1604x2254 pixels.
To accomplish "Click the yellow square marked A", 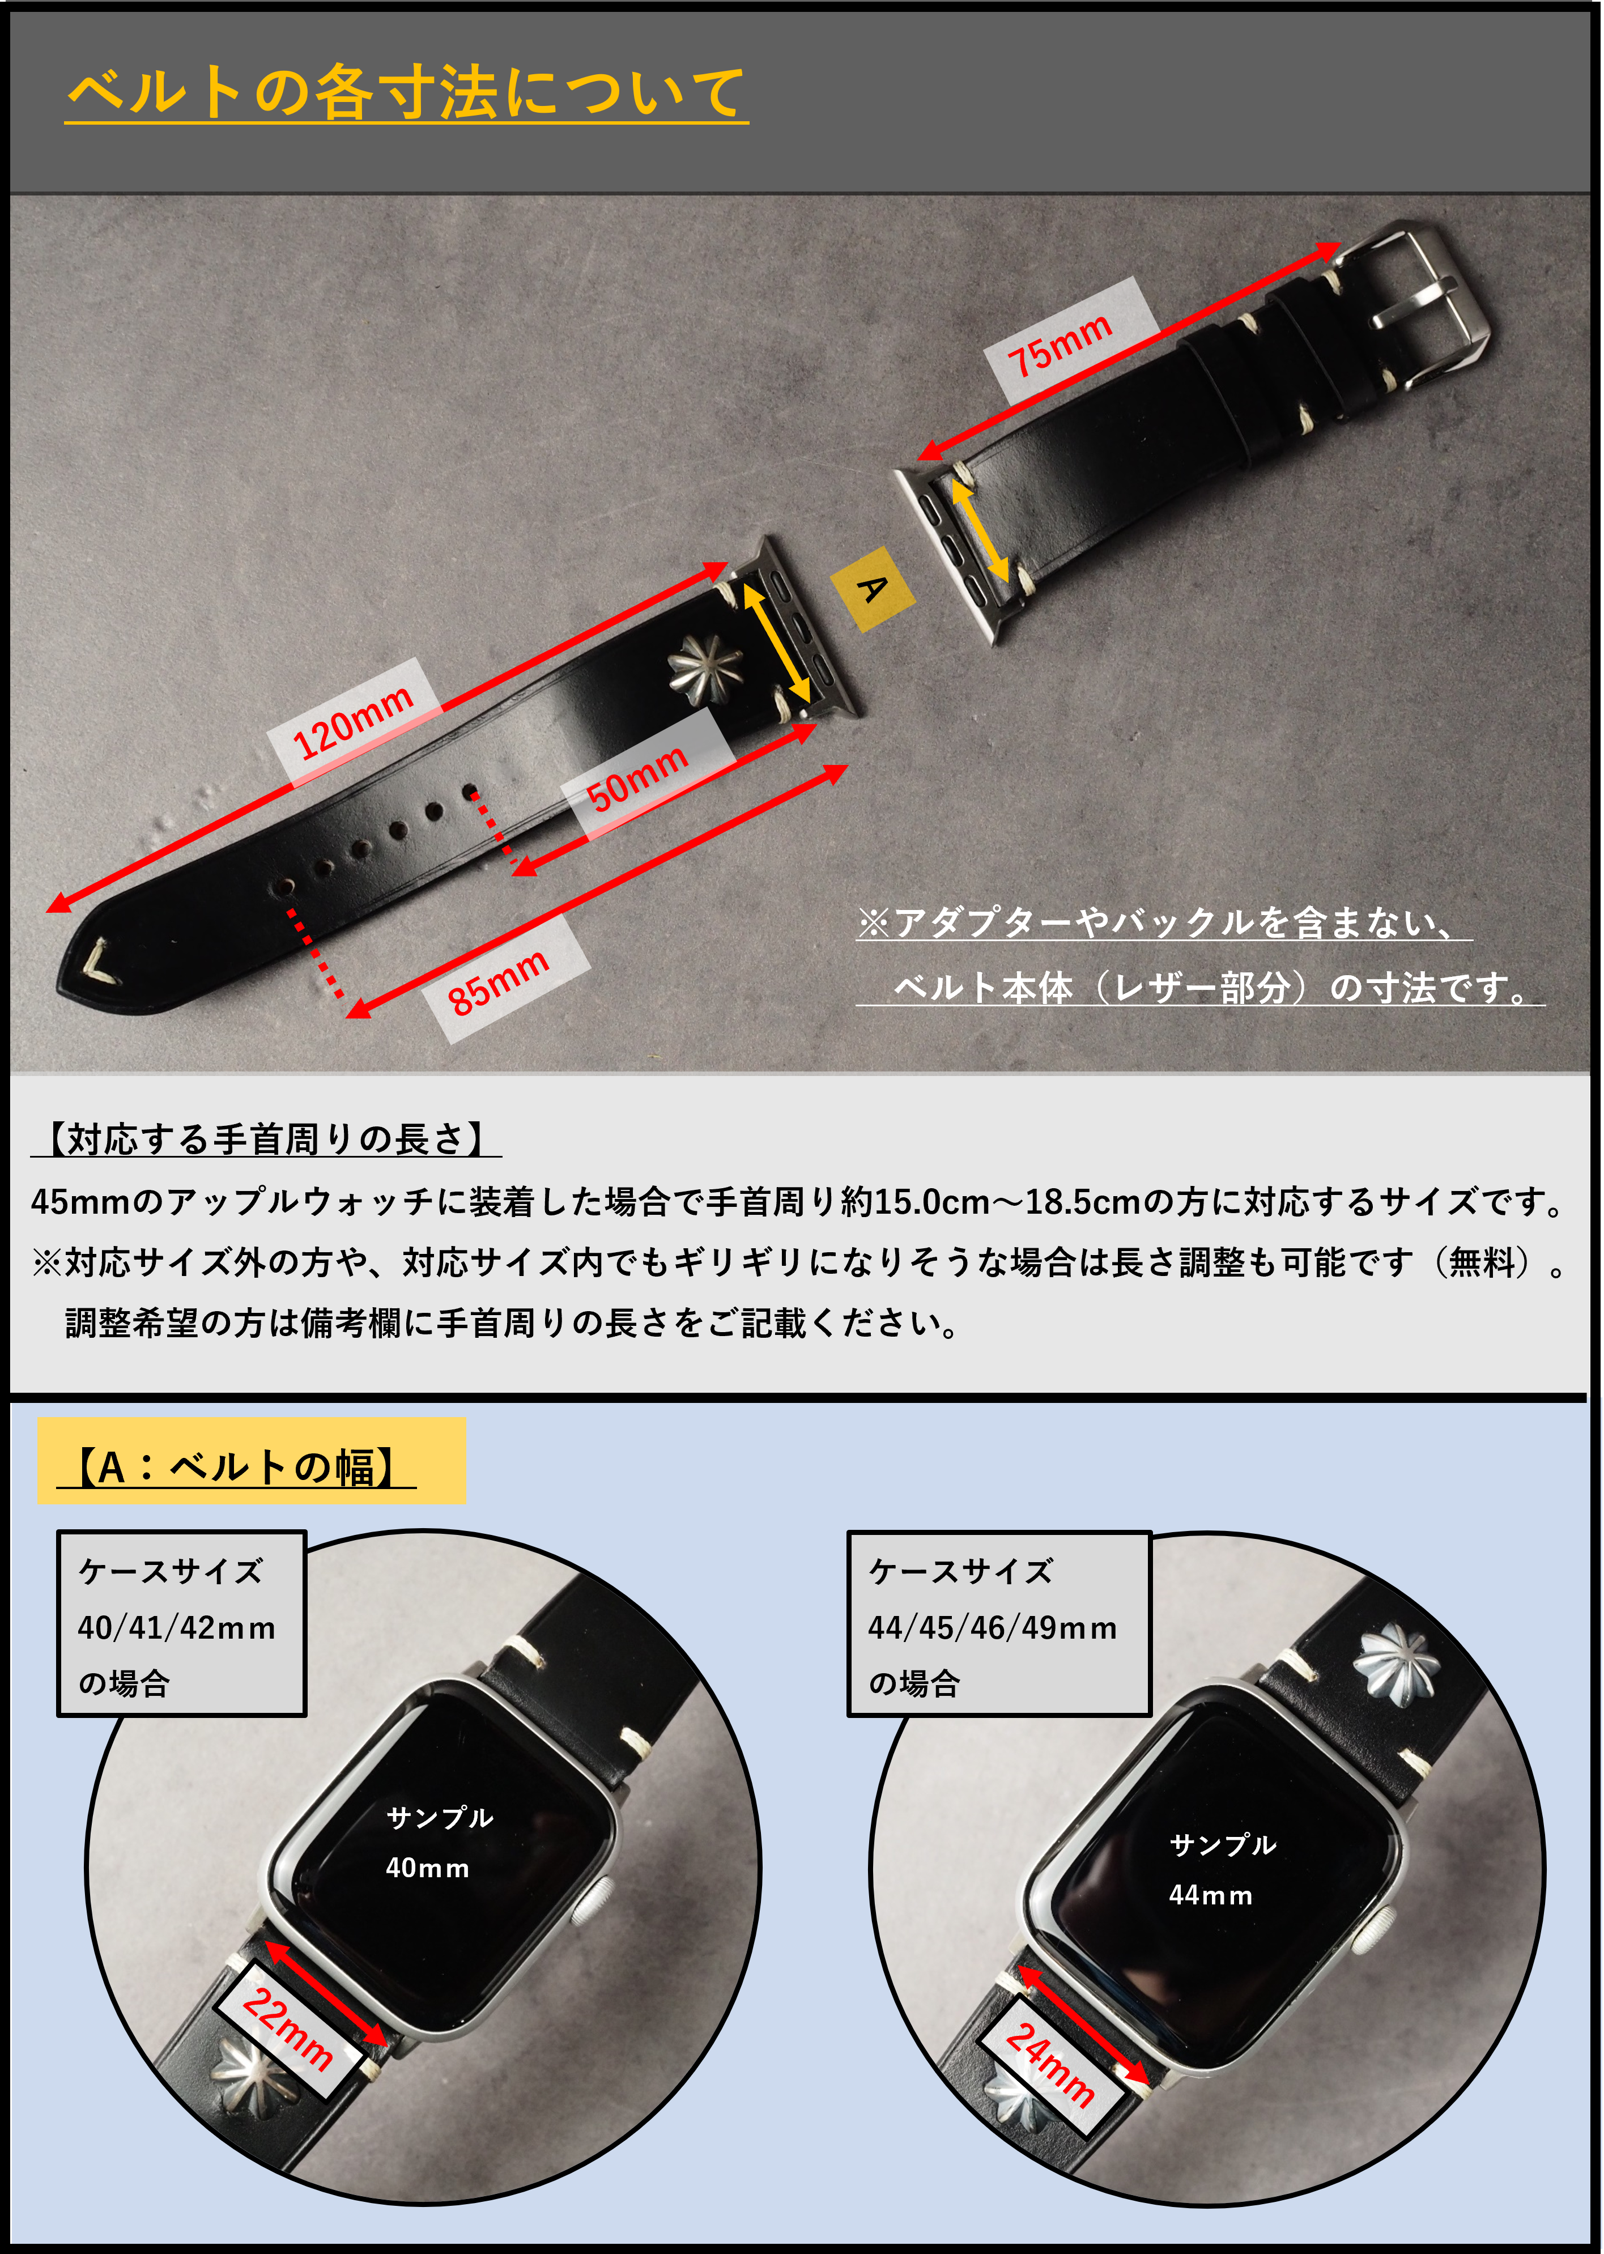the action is pyautogui.click(x=872, y=589).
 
